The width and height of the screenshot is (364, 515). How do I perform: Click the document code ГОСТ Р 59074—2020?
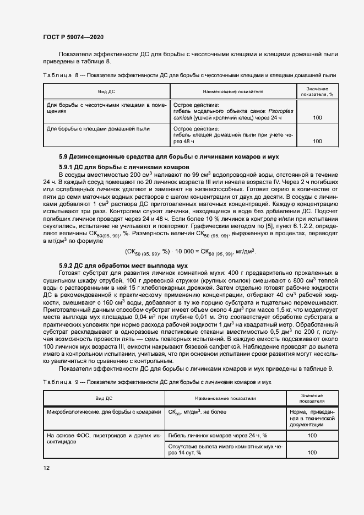pos(73,37)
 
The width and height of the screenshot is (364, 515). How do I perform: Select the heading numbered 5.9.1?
pos(124,166)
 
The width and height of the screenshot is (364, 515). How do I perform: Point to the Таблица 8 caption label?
pos(61,75)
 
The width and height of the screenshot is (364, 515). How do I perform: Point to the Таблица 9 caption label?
pos(61,381)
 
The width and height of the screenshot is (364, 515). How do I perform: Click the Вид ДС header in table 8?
pos(106,91)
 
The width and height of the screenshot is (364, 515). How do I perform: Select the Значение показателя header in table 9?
pos(312,399)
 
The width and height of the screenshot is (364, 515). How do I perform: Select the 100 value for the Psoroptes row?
pos(317,117)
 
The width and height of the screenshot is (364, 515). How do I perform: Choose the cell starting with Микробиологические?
pos(104,411)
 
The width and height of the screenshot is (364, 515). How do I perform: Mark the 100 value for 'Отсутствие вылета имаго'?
pos(312,452)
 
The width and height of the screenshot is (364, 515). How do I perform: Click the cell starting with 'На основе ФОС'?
pos(104,438)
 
